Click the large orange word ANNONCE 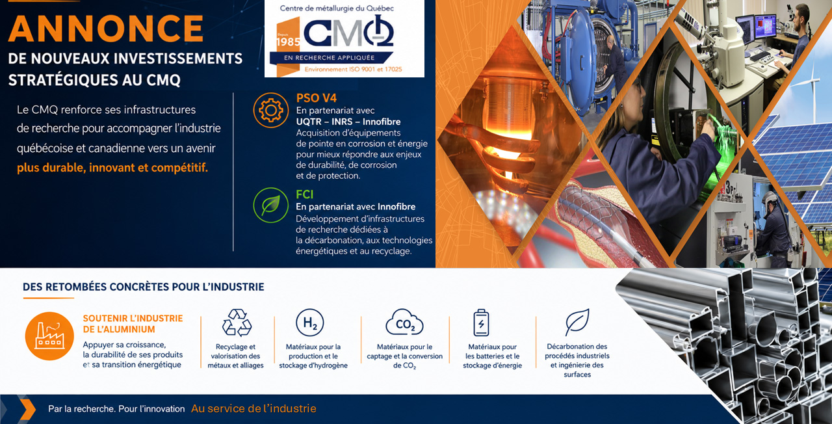[x=106, y=29]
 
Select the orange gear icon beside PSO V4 [x=271, y=111]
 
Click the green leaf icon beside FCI [x=271, y=205]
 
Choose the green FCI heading [x=305, y=194]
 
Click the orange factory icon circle [x=49, y=336]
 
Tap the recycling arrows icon [x=237, y=323]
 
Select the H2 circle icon [x=310, y=323]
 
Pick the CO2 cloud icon [x=404, y=322]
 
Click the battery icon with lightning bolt [x=482, y=323]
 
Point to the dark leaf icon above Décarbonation [x=577, y=322]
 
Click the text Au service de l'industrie [x=253, y=409]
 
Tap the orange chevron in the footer [x=27, y=409]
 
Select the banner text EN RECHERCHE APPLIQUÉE [x=330, y=58]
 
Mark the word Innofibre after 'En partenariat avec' [x=396, y=207]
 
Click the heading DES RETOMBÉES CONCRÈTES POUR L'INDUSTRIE [x=144, y=287]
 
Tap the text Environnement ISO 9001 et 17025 [x=353, y=69]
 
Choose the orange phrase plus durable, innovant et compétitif [x=112, y=168]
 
